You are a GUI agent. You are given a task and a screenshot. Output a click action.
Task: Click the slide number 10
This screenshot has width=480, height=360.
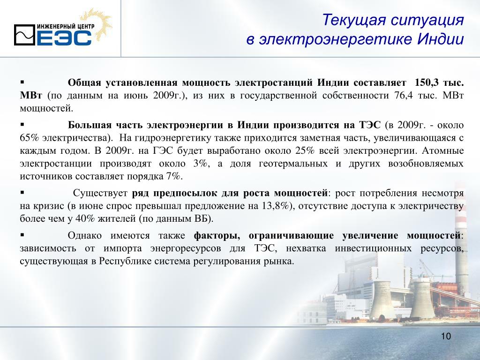446,336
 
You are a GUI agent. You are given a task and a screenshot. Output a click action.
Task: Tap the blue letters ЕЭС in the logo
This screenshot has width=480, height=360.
64,38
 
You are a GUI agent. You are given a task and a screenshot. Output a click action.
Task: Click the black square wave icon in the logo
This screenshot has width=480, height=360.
24,35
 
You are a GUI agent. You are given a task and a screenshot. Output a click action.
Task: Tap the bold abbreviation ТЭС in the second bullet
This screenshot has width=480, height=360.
369,125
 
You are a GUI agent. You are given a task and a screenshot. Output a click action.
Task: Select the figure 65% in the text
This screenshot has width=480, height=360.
30,138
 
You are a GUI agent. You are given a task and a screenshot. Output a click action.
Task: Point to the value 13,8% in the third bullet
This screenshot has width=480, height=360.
275,206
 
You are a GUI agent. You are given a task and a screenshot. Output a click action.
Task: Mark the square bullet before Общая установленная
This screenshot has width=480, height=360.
22,82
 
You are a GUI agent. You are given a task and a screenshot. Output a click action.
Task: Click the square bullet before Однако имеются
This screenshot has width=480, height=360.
22,235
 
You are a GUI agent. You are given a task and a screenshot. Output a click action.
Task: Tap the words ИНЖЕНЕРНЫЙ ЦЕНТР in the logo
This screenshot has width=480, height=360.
66,27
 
